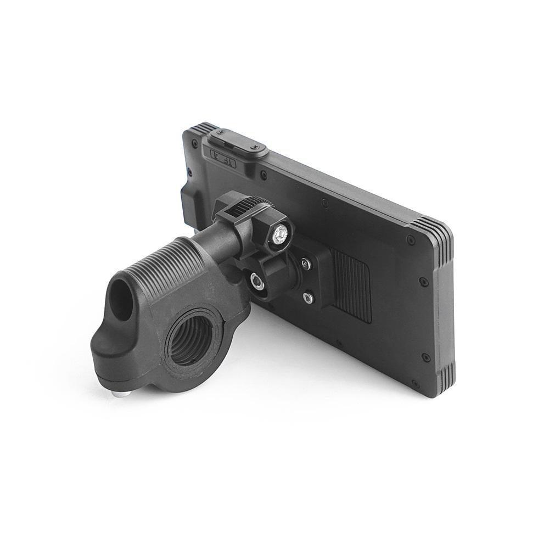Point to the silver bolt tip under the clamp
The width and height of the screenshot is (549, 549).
[118, 394]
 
